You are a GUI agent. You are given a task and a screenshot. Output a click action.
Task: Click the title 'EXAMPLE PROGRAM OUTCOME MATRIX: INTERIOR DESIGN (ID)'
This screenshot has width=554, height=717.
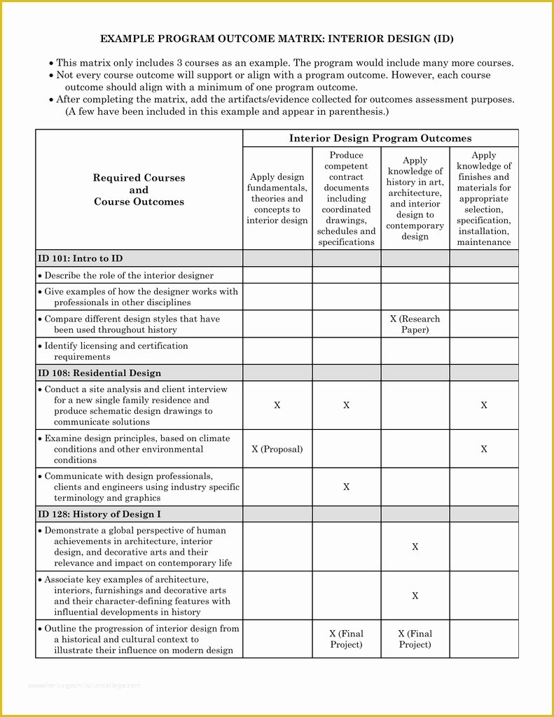pyautogui.click(x=277, y=39)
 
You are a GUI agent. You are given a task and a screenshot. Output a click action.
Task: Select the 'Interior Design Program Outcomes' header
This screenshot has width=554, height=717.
pyautogui.click(x=380, y=139)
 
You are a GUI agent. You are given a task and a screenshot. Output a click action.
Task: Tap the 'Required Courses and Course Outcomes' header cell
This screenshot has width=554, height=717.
pyautogui.click(x=139, y=190)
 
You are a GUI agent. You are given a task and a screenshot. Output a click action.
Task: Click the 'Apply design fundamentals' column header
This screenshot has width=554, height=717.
pyautogui.click(x=277, y=199)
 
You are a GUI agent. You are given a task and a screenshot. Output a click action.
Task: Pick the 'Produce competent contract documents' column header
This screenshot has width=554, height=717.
pyautogui.click(x=346, y=199)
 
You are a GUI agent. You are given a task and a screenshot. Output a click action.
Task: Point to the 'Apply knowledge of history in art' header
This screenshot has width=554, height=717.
pyautogui.click(x=415, y=199)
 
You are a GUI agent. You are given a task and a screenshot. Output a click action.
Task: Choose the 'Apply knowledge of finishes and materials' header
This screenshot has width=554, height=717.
pyautogui.click(x=484, y=199)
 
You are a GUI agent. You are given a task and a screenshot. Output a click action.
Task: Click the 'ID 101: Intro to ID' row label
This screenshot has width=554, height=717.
pyautogui.click(x=81, y=258)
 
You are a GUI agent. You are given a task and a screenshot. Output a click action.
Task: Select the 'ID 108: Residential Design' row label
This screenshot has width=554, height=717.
pyautogui.click(x=99, y=373)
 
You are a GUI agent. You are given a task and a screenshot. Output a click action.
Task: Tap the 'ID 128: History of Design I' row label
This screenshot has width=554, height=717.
pyautogui.click(x=99, y=515)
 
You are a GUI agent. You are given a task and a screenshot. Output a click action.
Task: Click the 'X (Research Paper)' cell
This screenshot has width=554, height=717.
pyautogui.click(x=415, y=324)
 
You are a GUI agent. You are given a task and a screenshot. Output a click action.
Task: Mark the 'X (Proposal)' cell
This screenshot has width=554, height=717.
pyautogui.click(x=277, y=450)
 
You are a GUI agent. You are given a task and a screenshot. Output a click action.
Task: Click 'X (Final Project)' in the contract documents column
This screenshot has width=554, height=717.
pyautogui.click(x=346, y=639)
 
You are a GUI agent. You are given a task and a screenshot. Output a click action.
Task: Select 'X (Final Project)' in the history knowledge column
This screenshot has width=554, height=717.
pyautogui.click(x=415, y=639)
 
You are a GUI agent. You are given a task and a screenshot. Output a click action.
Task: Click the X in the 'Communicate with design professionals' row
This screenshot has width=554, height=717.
pyautogui.click(x=346, y=487)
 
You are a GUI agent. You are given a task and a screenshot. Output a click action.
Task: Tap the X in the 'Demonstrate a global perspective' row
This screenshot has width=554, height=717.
pyautogui.click(x=415, y=547)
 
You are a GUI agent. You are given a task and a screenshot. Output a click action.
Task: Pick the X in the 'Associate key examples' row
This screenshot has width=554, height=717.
pyautogui.click(x=415, y=596)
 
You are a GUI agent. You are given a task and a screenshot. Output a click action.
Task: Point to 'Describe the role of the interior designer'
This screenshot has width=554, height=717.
pyautogui.click(x=129, y=276)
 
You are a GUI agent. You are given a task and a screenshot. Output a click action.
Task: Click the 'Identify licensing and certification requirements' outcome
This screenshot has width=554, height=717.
pyautogui.click(x=116, y=351)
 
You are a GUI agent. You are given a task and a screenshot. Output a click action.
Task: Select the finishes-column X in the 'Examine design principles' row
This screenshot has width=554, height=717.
pyautogui.click(x=484, y=450)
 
